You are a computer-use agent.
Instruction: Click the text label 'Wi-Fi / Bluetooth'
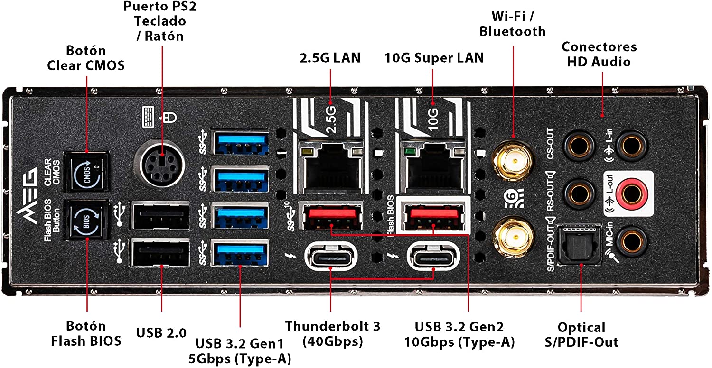click(513, 24)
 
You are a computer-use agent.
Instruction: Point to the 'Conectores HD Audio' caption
click(599, 54)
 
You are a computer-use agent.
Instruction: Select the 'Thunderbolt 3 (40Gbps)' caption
click(332, 333)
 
